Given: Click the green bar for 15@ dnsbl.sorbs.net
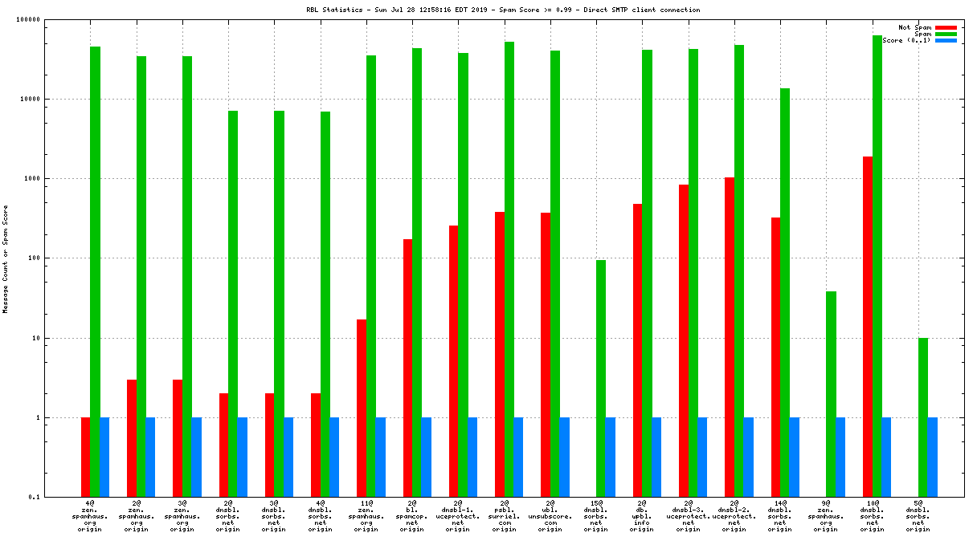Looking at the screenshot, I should (600, 378).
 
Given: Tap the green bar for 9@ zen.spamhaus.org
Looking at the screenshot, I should (831, 393).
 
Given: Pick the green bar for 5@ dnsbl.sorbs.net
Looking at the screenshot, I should (923, 417).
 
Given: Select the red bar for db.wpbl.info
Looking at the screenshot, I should (637, 350).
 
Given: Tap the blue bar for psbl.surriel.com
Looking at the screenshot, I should (518, 457).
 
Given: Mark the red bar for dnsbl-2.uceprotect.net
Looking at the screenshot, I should (730, 337).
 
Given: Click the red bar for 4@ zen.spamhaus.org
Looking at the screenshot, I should (85, 457).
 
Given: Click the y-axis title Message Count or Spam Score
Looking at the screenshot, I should (6, 258).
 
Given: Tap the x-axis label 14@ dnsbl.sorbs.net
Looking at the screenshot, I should (780, 516).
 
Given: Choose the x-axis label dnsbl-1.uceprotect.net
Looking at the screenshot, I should (458, 516).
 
